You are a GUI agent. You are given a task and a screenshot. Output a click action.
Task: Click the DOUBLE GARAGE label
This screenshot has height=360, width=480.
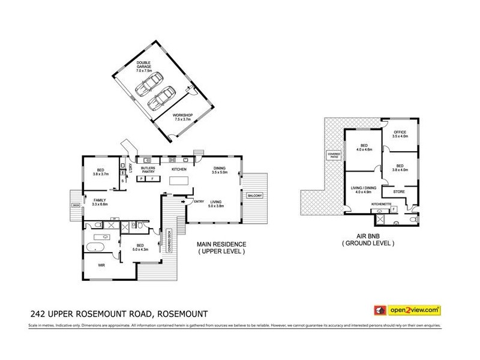143,64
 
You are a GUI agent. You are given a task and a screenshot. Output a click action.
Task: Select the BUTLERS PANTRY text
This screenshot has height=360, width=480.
148,171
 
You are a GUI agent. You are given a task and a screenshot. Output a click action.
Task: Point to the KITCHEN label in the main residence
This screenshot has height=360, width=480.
179,170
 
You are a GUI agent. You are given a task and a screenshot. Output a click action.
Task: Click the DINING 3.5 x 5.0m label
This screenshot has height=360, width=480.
220,171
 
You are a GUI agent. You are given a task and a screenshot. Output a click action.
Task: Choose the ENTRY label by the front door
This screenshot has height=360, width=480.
199,201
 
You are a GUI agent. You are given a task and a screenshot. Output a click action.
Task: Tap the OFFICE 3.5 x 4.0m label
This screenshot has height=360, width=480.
400,134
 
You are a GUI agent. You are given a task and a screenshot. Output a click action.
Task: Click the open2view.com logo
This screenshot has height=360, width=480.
407,310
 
